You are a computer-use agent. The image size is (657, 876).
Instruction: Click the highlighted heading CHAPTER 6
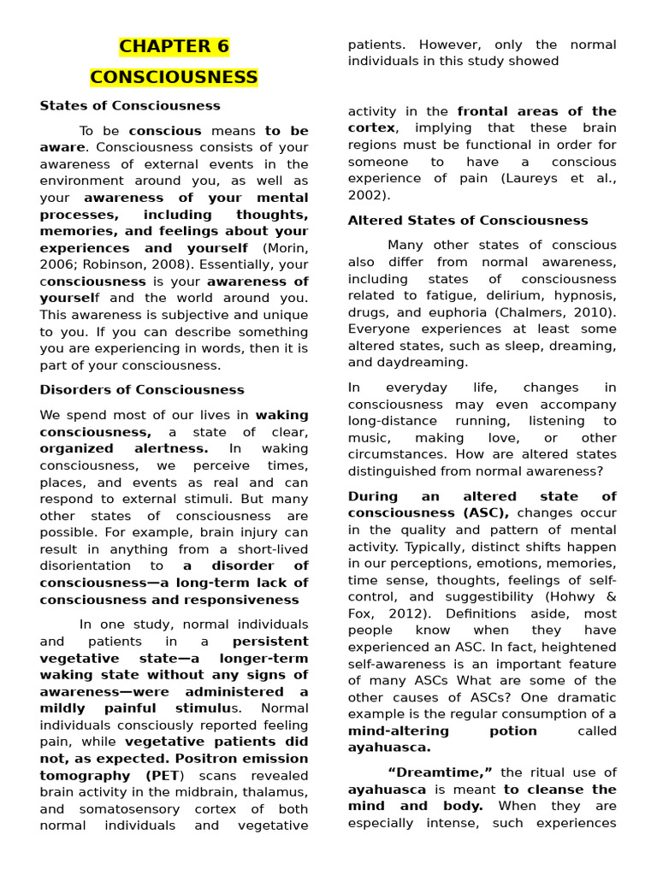pos(174,46)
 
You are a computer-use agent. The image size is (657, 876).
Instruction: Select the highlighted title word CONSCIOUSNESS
pos(174,78)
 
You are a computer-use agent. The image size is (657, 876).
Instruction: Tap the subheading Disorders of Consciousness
pos(142,389)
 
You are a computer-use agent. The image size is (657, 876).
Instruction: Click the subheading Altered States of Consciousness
pos(468,221)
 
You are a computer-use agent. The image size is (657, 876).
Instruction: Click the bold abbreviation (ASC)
pos(488,513)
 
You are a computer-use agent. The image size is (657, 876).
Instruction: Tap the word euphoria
pos(462,312)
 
